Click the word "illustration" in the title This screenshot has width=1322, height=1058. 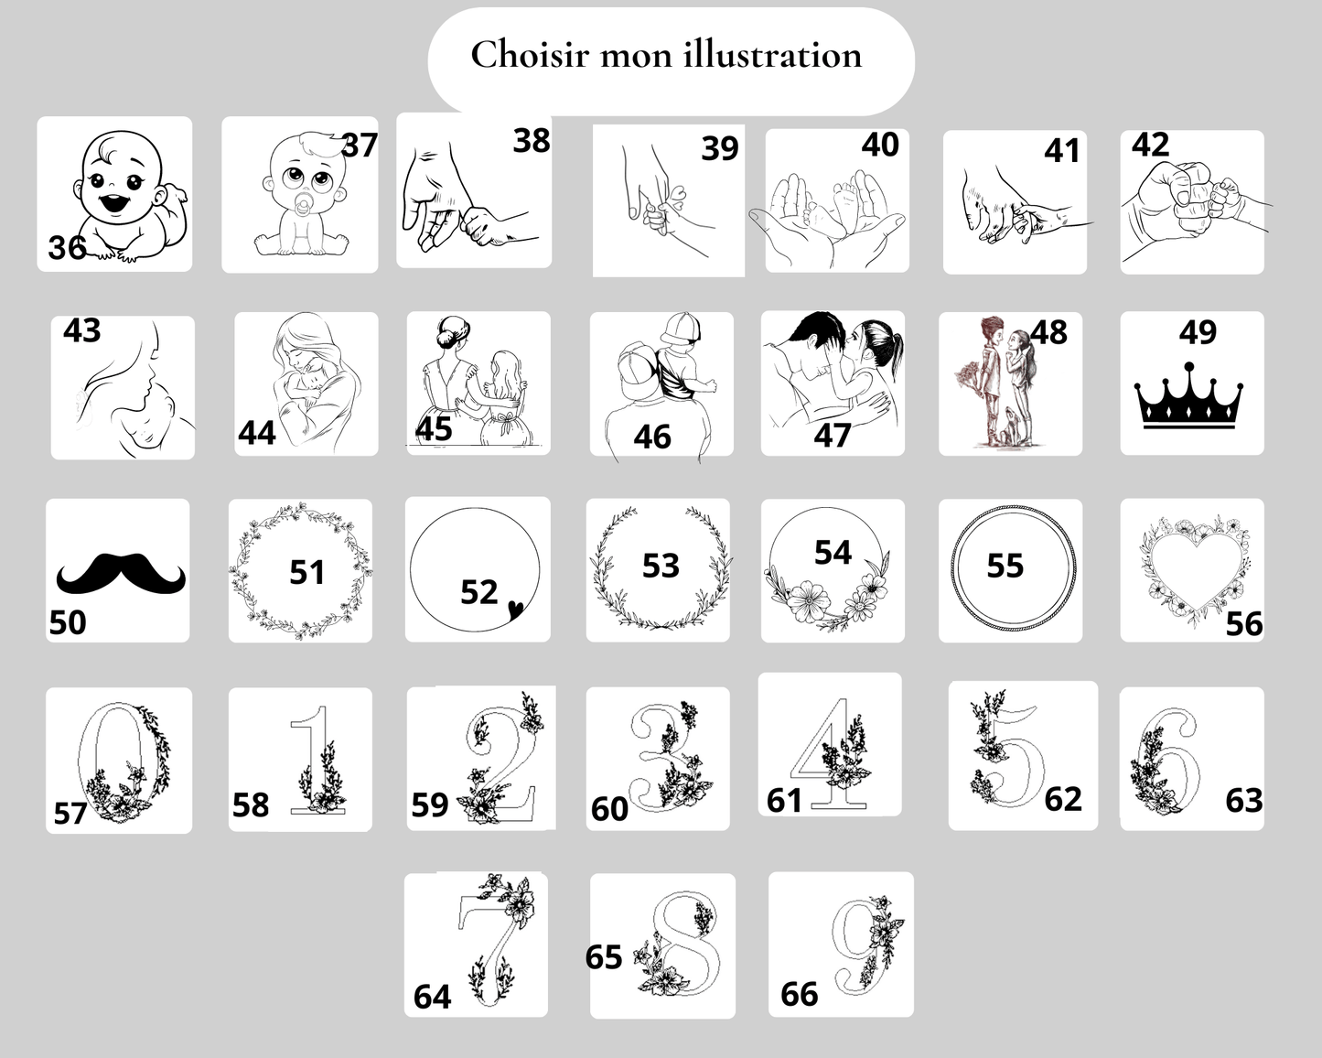click(x=772, y=55)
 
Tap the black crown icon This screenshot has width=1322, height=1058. click(x=1188, y=396)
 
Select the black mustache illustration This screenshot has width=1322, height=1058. click(x=121, y=573)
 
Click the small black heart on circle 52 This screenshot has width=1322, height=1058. click(x=515, y=609)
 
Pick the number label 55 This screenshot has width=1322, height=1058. click(x=1005, y=566)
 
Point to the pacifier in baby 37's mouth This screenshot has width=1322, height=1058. click(x=303, y=208)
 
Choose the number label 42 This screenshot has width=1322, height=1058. click(x=1150, y=146)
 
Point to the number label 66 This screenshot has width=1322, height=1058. click(x=800, y=994)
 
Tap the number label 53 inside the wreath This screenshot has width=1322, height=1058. click(x=661, y=566)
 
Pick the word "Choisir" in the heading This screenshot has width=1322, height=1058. click(x=530, y=55)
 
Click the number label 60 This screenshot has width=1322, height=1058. click(x=609, y=809)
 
